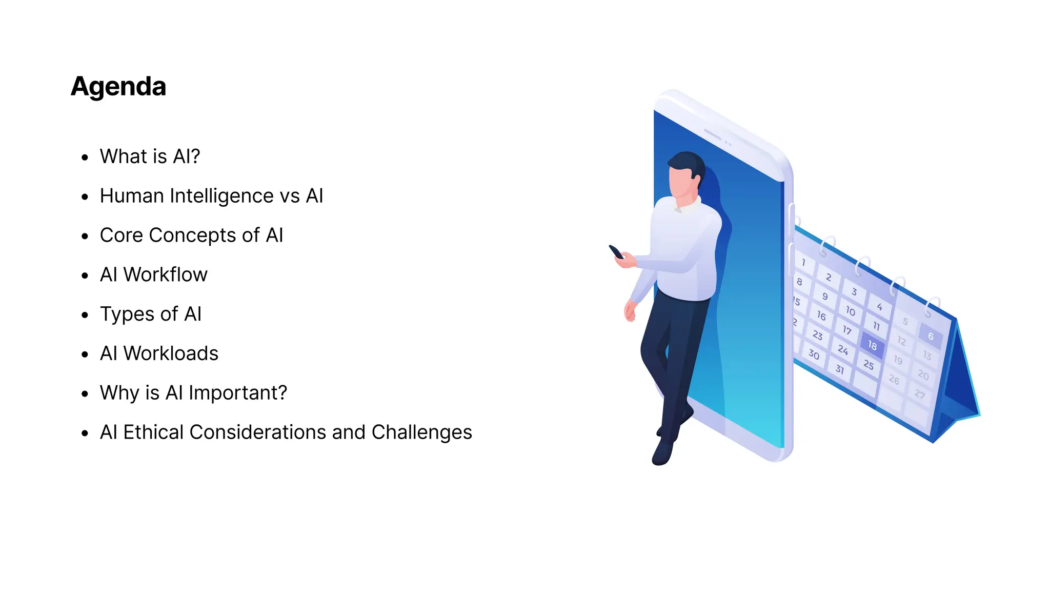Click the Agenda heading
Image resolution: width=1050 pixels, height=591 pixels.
click(x=118, y=86)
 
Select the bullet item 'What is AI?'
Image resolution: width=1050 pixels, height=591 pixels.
click(x=150, y=156)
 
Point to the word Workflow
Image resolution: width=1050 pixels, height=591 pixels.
click(x=165, y=275)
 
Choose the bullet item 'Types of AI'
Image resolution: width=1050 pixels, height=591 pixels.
click(x=151, y=314)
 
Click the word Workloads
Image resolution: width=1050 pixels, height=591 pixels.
click(x=171, y=353)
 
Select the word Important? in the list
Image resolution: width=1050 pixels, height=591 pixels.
click(x=238, y=393)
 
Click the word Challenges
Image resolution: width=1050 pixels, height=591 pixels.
click(x=421, y=432)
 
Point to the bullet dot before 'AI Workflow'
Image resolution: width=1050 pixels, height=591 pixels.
click(x=85, y=276)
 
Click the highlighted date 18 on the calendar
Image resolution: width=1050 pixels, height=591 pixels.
click(x=872, y=345)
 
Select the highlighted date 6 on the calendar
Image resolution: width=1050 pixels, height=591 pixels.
click(x=931, y=337)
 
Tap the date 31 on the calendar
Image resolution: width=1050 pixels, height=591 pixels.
click(x=839, y=369)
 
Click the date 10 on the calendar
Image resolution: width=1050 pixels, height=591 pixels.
click(x=851, y=311)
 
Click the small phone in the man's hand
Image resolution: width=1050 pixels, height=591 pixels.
click(x=616, y=252)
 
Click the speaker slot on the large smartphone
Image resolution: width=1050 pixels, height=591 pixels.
click(x=713, y=134)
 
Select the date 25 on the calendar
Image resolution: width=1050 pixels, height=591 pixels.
click(x=868, y=365)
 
